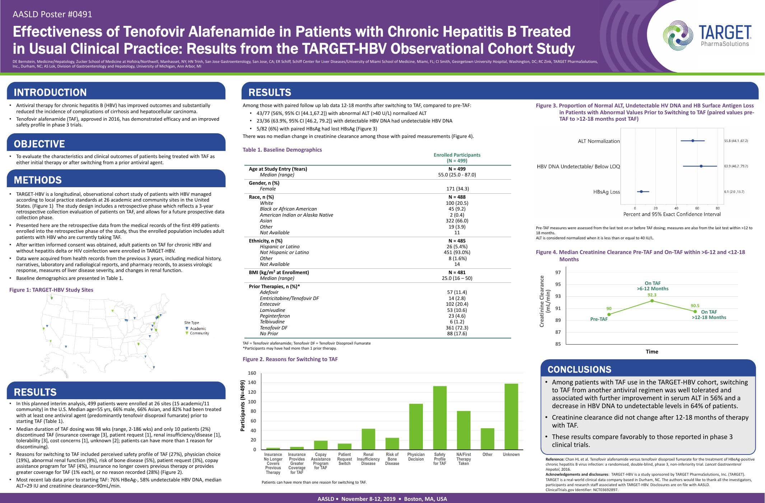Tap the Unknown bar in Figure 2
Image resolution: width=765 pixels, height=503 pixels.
(511, 417)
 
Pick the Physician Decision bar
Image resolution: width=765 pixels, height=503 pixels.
(416, 427)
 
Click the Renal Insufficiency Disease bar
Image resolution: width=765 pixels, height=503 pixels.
(368, 439)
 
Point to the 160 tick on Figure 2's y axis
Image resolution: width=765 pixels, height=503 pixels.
(252, 373)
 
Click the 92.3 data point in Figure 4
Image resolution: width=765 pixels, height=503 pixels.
(652, 301)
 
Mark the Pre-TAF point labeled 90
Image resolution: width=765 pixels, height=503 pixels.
(609, 314)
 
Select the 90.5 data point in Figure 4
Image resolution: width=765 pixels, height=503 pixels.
(695, 312)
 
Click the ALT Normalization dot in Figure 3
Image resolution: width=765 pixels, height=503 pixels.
(693, 141)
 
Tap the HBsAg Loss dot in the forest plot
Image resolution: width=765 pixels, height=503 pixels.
(641, 191)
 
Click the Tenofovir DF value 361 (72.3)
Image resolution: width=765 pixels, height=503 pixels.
(457, 328)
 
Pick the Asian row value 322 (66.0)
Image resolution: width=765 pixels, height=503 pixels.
(457, 221)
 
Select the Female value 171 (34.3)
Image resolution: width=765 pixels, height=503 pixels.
(457, 189)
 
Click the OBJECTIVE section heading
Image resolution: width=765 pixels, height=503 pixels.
(39, 144)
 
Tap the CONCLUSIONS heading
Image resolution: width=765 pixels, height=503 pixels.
(579, 369)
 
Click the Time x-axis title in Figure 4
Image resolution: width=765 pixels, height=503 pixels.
(652, 352)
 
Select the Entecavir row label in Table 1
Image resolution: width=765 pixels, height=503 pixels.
(270, 304)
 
